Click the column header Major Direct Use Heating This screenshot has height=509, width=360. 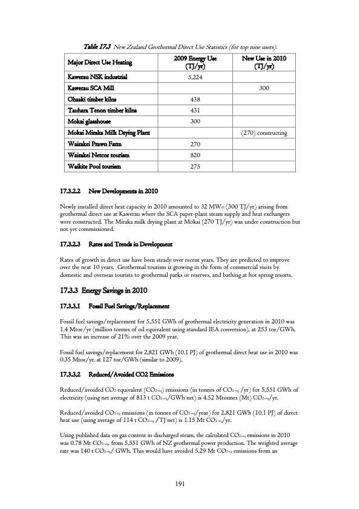(x=102, y=62)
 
